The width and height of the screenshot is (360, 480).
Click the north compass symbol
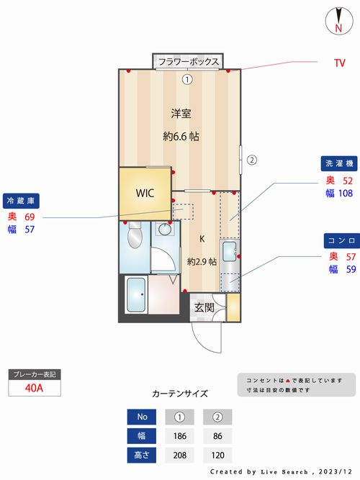tap(338, 21)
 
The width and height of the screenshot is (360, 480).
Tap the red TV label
tap(339, 63)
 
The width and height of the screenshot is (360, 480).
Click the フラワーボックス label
tap(189, 62)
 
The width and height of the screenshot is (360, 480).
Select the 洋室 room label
tap(181, 114)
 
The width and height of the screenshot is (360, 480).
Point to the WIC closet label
tap(145, 193)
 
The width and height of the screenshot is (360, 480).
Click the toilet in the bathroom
tap(134, 235)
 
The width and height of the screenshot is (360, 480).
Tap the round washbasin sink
tap(166, 229)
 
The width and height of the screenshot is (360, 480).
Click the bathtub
tap(136, 295)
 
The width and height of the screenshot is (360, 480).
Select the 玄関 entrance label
tap(204, 307)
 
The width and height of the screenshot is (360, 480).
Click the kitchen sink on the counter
tap(229, 252)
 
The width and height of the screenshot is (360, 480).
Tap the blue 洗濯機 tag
tap(339, 163)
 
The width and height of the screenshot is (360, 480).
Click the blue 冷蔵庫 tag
tap(21, 201)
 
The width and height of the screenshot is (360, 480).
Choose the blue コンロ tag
tap(342, 240)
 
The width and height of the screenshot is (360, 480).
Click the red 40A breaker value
tap(34, 388)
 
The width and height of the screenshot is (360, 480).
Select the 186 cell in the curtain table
tap(179, 436)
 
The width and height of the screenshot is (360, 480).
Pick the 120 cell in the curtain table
tap(217, 456)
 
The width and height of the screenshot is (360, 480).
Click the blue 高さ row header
tap(142, 456)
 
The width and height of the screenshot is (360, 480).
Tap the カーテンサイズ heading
tap(180, 394)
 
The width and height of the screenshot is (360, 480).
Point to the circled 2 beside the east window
tap(252, 160)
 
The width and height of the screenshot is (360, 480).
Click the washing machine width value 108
tap(346, 193)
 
